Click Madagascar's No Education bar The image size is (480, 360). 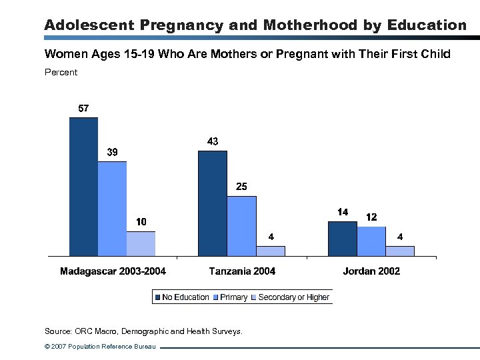pyautogui.click(x=83, y=187)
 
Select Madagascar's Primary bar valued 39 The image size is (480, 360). pyautogui.click(x=112, y=209)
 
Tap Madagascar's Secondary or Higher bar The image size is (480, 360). pyautogui.click(x=141, y=244)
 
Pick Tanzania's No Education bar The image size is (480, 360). pyautogui.click(x=213, y=203)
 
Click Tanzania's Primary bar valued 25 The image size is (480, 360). pyautogui.click(x=241, y=226)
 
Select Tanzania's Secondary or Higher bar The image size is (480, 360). pyautogui.click(x=270, y=251)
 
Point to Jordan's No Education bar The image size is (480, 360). pyautogui.click(x=342, y=239)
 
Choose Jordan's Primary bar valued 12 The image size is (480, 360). pyautogui.click(x=371, y=241)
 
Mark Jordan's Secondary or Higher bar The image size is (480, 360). pyautogui.click(x=399, y=251)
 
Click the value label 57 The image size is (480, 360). pyautogui.click(x=83, y=108)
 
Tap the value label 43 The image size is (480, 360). pyautogui.click(x=213, y=141)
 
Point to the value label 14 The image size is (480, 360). pyautogui.click(x=342, y=212)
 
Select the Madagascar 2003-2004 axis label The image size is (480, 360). pyautogui.click(x=113, y=271)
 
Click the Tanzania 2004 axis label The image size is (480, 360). pyautogui.click(x=242, y=271)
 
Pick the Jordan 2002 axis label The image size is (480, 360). pyautogui.click(x=371, y=271)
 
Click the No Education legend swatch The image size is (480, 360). pyautogui.click(x=158, y=297)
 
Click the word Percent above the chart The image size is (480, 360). pyautogui.click(x=61, y=72)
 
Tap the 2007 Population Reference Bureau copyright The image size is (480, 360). pyautogui.click(x=99, y=347)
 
